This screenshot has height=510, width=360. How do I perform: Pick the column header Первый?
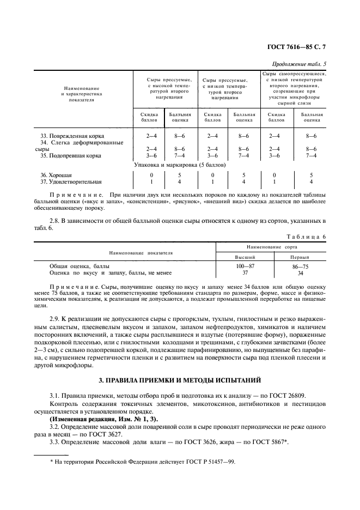(x=300, y=257)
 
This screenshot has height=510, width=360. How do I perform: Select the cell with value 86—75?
(x=300, y=266)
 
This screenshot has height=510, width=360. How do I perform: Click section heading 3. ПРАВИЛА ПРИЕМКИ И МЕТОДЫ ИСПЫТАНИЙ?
(x=180, y=379)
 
